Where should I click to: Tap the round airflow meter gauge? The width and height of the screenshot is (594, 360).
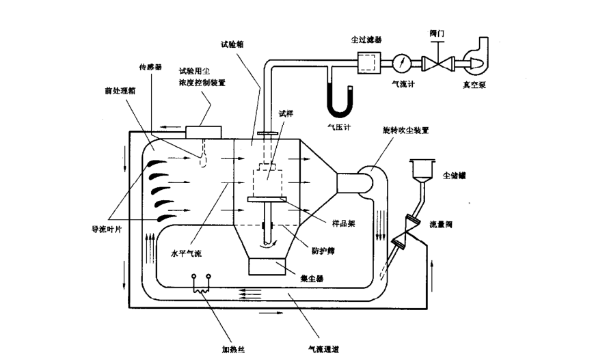click(402, 64)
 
